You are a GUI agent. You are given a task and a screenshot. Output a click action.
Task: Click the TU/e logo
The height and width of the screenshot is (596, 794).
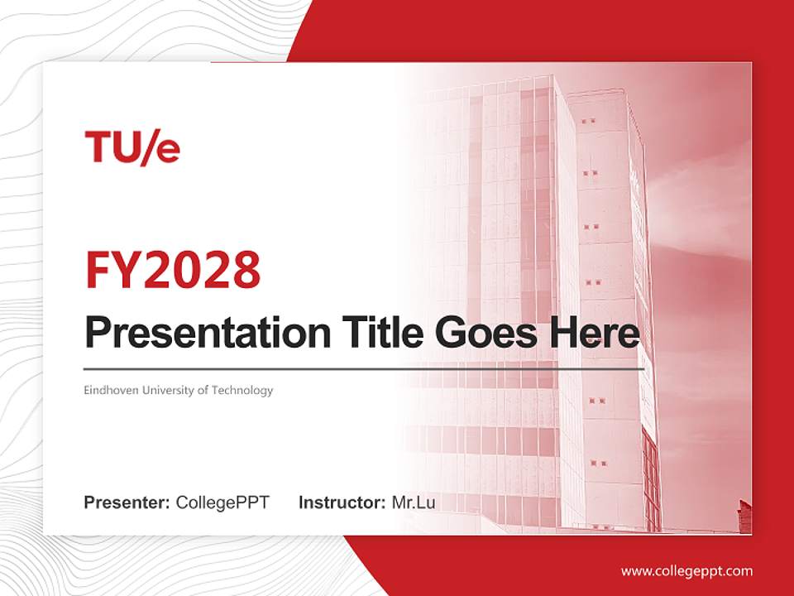(132, 147)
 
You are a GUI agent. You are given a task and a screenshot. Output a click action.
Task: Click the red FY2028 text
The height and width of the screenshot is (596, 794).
(173, 269)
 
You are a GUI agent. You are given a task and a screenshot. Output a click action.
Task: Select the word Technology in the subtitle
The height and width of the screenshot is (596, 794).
(242, 390)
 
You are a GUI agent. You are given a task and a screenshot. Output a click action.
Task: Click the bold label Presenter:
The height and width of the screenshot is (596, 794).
(127, 502)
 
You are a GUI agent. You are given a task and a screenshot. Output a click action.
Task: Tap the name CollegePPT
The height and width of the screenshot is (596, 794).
(222, 502)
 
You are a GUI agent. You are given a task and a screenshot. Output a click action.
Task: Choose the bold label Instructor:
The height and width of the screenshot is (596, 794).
(342, 502)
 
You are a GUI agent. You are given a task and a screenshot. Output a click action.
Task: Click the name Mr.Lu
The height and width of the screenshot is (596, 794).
(413, 502)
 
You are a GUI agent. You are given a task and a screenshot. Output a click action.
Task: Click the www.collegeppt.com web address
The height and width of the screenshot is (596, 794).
(686, 571)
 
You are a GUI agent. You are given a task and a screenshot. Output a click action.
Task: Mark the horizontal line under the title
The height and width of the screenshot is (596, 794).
(364, 368)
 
